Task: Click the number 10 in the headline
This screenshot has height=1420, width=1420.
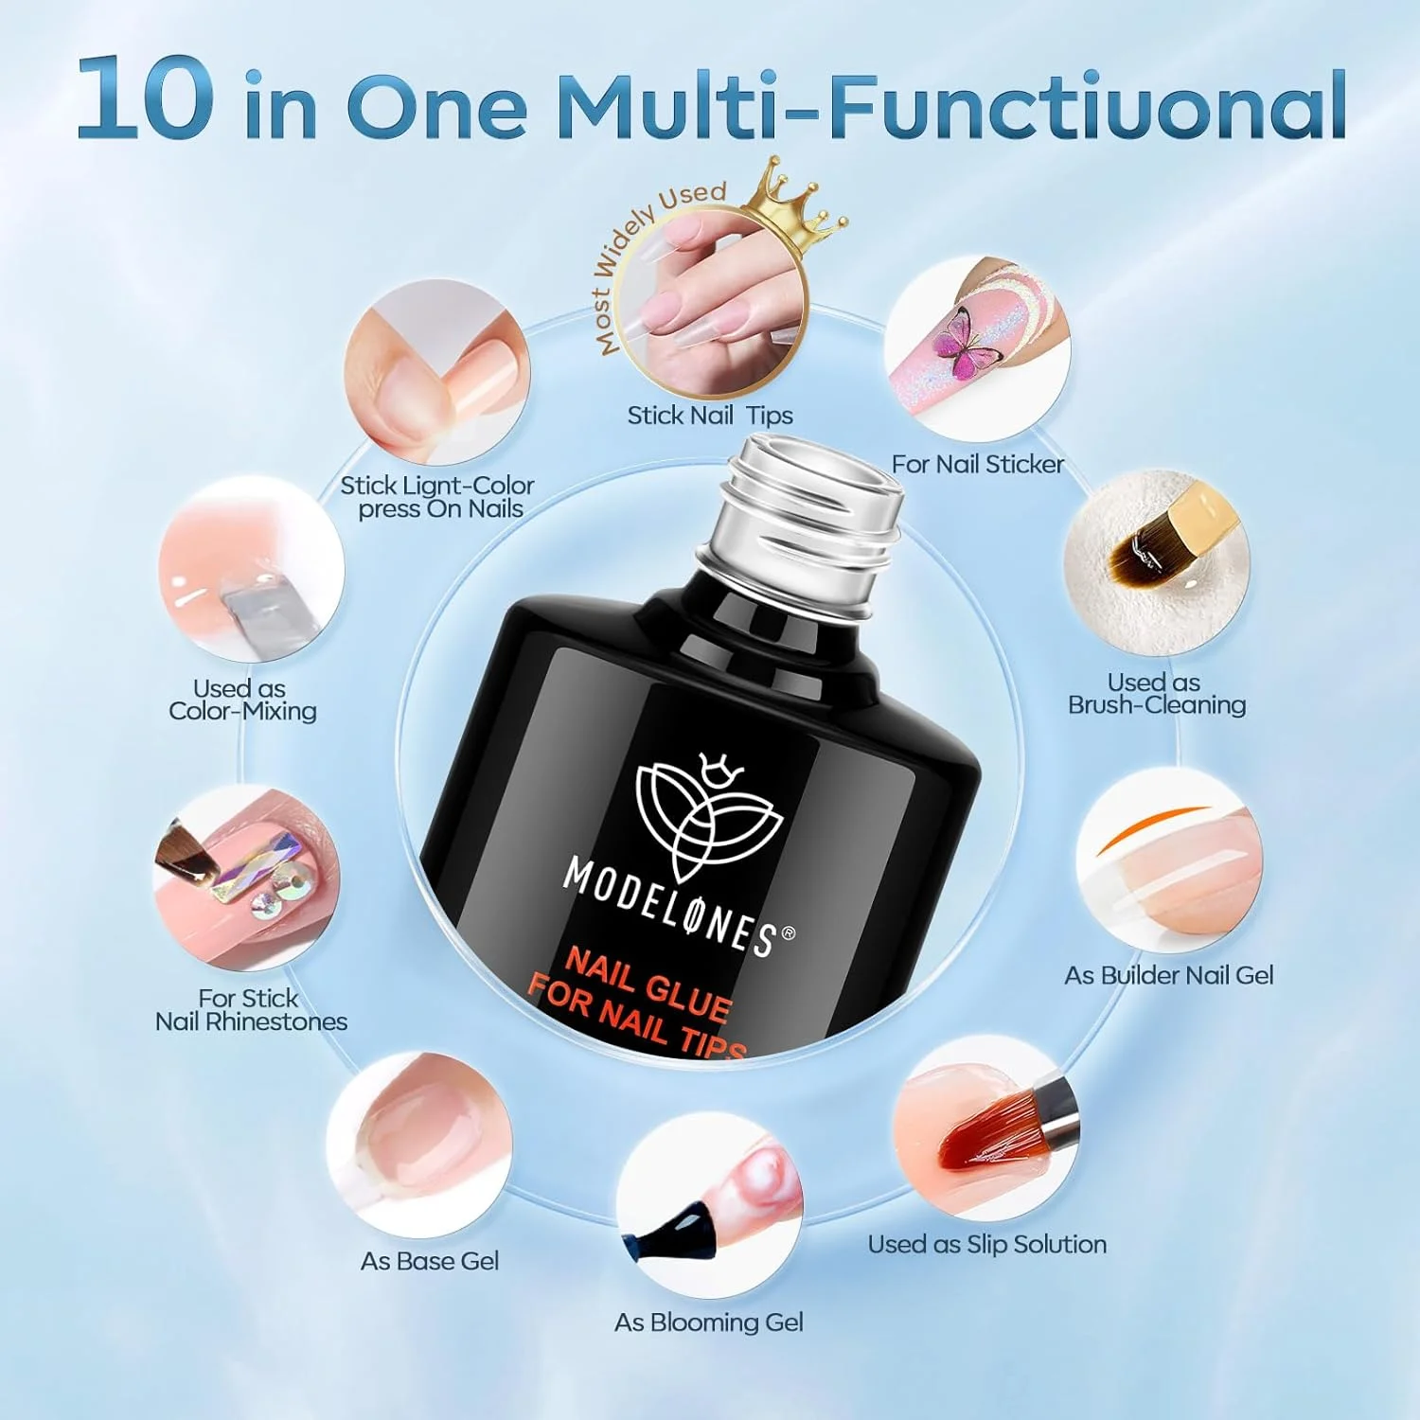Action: tap(144, 98)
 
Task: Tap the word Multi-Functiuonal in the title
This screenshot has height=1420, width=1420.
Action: tap(950, 104)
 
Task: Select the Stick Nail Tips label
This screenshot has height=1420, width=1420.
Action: tap(710, 416)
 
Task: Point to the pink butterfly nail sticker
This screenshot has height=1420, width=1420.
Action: tap(963, 346)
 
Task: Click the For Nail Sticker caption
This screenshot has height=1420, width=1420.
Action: tap(978, 464)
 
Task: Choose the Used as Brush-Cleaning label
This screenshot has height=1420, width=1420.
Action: tap(1156, 694)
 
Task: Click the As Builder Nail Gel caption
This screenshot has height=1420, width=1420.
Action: tap(1169, 975)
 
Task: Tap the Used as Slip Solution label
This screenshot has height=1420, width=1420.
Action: tap(987, 1244)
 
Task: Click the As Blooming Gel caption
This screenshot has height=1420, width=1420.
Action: tap(709, 1322)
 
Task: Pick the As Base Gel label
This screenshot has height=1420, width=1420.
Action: tap(430, 1261)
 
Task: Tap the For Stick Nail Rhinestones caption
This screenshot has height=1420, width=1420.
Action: tap(251, 1010)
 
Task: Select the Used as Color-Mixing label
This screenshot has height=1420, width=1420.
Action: tap(242, 700)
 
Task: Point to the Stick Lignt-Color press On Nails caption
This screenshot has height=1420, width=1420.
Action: tap(437, 497)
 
